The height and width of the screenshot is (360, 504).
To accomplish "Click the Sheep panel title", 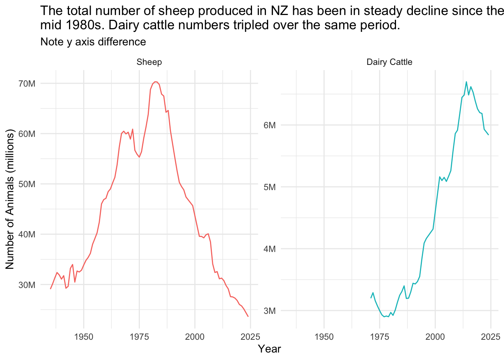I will click(149, 62).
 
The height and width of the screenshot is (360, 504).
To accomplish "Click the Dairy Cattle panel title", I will click(389, 62).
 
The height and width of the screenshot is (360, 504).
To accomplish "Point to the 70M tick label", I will click(27, 84).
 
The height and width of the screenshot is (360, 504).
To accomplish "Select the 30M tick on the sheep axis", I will click(27, 285).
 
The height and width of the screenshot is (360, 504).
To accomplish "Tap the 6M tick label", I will click(269, 125).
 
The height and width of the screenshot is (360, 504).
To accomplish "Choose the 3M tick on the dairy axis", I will click(269, 310).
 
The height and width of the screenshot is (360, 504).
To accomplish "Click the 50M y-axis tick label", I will click(27, 184).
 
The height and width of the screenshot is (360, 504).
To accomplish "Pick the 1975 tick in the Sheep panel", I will click(139, 336).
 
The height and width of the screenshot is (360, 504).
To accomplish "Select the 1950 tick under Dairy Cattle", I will click(324, 336).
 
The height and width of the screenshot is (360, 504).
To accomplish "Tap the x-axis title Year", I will click(269, 349).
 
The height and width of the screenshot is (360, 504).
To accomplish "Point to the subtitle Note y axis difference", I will click(93, 42).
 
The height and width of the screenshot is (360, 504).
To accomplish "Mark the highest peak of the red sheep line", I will click(155, 81).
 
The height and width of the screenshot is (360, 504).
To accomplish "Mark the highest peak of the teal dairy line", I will click(466, 82).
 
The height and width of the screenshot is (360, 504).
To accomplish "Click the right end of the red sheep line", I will click(248, 316).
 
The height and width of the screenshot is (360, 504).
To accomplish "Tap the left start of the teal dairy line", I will click(371, 298).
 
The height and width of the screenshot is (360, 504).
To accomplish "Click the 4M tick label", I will click(269, 249).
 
